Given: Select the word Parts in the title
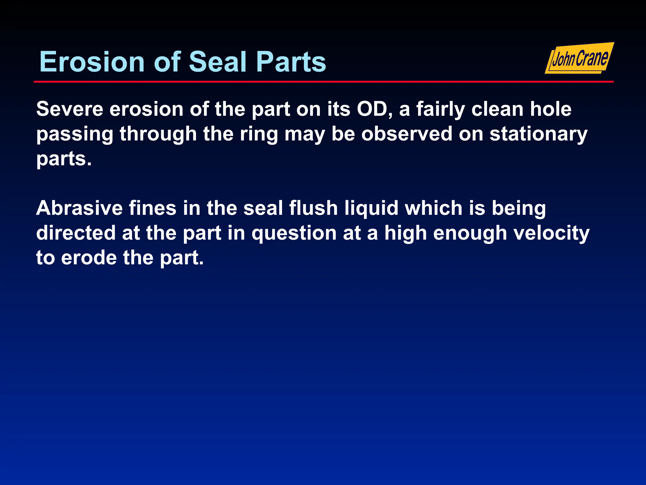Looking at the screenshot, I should pyautogui.click(x=291, y=62).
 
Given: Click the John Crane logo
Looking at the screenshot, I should pyautogui.click(x=579, y=58).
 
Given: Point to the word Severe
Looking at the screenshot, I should pyautogui.click(x=70, y=109).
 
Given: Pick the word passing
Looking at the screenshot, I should pyautogui.click(x=75, y=135).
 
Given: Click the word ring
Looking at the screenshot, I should pyautogui.click(x=259, y=135).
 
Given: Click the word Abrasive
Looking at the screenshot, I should pyautogui.click(x=79, y=208).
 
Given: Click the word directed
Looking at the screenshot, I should pyautogui.click(x=76, y=233).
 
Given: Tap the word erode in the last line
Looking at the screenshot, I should pyautogui.click(x=89, y=258).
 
